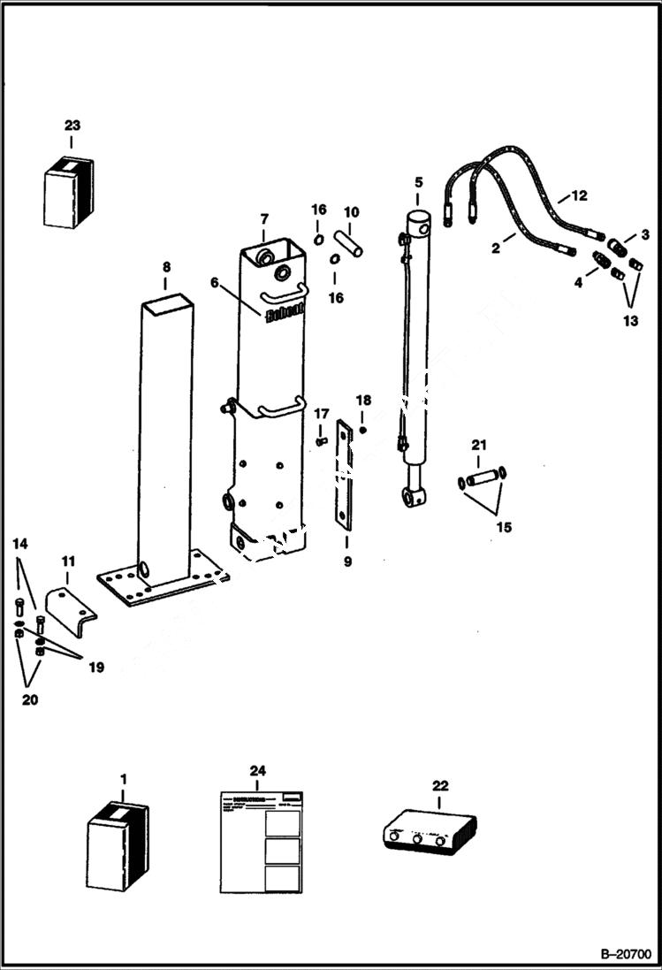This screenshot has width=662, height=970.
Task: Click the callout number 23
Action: point(72,126)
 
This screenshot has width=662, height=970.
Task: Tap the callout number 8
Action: point(166,267)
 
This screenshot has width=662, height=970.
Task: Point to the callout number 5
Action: point(418,183)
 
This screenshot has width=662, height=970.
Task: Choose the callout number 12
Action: point(579,195)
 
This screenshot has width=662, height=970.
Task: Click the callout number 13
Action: point(630,321)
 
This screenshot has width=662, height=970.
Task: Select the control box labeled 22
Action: point(429,832)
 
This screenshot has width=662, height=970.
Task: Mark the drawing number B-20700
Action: point(625,955)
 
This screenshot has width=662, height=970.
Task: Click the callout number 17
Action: point(322,413)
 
